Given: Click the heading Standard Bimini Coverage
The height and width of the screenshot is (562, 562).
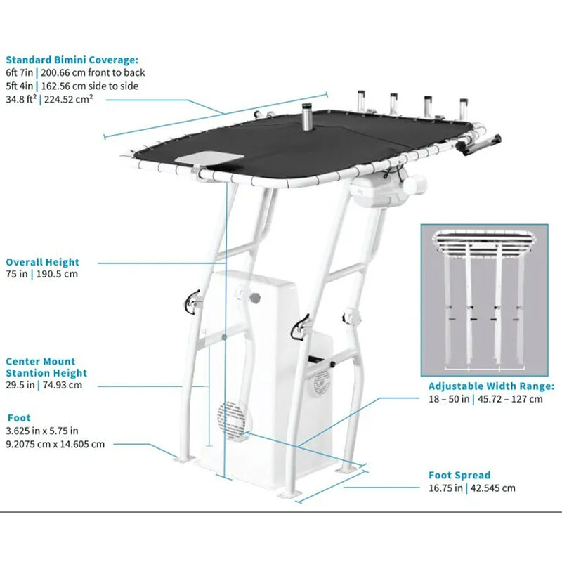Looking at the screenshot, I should pyautogui.click(x=72, y=60).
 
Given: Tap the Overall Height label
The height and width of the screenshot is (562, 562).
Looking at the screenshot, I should pyautogui.click(x=42, y=262).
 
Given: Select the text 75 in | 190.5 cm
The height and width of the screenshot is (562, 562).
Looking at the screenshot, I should pyautogui.click(x=42, y=275).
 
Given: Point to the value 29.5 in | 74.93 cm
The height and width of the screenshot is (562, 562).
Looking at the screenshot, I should pyautogui.click(x=44, y=385).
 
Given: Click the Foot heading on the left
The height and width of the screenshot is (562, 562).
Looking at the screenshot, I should pyautogui.click(x=18, y=418).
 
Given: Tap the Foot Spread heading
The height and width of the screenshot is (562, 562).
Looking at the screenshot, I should pyautogui.click(x=459, y=476).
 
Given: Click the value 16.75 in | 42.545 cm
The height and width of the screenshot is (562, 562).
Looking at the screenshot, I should pyautogui.click(x=471, y=488).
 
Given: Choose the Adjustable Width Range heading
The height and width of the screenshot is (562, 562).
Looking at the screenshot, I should pyautogui.click(x=491, y=386).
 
